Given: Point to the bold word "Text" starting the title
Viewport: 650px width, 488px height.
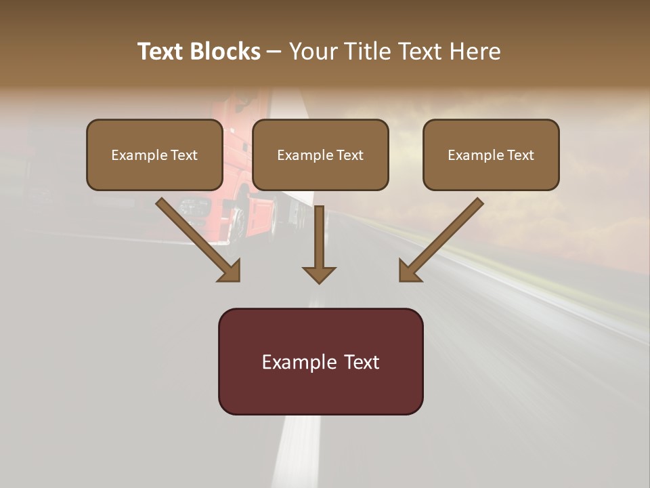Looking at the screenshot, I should tap(160, 52).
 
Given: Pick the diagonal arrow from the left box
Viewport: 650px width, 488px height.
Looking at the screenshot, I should tap(196, 239).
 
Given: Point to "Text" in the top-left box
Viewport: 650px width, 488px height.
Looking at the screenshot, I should tap(183, 155).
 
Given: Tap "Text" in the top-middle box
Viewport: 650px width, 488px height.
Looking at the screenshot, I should tap(349, 155).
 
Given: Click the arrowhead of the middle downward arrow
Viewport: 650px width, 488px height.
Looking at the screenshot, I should tap(319, 274).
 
